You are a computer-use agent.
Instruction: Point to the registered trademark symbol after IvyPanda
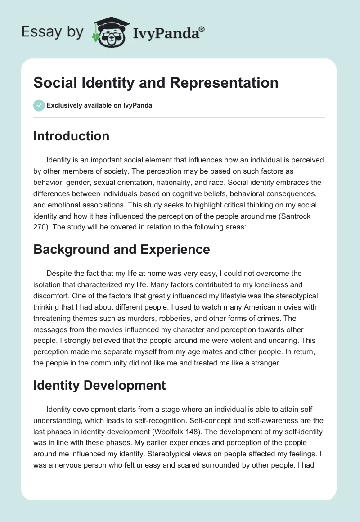(x=202, y=28)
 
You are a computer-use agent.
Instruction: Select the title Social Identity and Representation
(x=156, y=83)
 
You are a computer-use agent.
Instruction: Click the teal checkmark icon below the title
(x=39, y=105)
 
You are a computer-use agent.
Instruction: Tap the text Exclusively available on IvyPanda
(x=99, y=106)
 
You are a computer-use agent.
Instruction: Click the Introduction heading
(x=71, y=136)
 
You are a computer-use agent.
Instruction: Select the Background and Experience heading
(x=121, y=249)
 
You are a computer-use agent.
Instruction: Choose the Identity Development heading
(x=99, y=385)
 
